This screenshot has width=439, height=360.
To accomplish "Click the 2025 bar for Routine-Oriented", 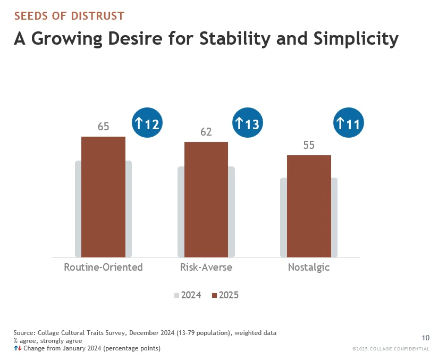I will [103, 197].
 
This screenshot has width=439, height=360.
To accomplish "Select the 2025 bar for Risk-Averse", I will [206, 199].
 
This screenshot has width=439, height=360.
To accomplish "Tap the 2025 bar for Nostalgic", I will [309, 206].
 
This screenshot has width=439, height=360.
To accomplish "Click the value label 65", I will [103, 127].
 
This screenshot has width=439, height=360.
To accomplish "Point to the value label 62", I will [206, 132].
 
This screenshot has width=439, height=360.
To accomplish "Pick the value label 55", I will [309, 145].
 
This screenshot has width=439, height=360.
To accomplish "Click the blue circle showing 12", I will [147, 123].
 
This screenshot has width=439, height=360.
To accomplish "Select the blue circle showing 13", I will [248, 123].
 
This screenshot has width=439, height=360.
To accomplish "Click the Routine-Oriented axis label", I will [103, 267].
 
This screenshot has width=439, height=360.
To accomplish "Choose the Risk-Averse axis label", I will [206, 267].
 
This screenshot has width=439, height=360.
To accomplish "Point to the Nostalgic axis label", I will [309, 267].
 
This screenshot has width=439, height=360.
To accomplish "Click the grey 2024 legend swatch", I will [177, 295].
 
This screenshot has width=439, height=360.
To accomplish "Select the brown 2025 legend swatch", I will [215, 295].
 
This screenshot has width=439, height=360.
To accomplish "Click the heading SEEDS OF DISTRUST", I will [69, 16].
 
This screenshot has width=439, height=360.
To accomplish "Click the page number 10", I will [426, 338].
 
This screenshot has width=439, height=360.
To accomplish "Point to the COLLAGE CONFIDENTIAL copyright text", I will [391, 349].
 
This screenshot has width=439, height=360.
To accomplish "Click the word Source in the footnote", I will [24, 333].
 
